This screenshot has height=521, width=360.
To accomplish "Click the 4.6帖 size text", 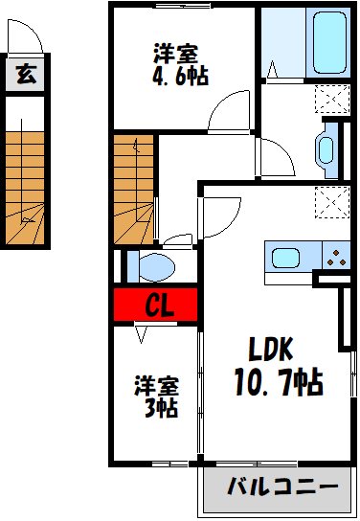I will point(179,75).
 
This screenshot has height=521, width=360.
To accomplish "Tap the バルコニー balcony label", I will point(281,487).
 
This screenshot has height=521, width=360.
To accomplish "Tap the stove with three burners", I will point(336,256).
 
